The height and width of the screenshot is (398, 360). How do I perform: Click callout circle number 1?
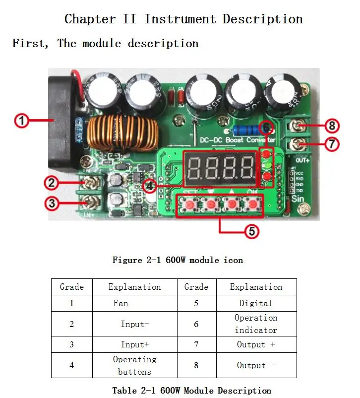(21, 121)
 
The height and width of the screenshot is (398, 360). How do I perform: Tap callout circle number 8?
(332, 126)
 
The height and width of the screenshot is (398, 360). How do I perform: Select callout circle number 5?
(252, 231)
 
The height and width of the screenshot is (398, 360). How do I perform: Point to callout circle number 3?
(52, 203)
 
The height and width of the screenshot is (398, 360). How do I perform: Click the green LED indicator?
(267, 165)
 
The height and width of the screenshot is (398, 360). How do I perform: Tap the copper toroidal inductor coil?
(122, 133)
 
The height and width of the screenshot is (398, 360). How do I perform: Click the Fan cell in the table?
(121, 303)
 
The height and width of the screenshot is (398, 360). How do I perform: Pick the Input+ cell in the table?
(135, 344)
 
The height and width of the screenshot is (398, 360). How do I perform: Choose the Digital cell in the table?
(256, 303)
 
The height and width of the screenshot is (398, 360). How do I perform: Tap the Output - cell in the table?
(256, 365)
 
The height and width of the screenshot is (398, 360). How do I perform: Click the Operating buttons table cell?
(135, 365)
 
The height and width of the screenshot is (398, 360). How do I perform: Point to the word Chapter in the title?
(90, 19)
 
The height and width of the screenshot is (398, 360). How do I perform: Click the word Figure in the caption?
(127, 260)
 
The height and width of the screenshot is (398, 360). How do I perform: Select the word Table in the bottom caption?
(124, 391)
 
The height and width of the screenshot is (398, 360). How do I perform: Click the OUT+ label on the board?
(302, 160)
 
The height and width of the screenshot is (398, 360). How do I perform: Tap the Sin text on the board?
(298, 199)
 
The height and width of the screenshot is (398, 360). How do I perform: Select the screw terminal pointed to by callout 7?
(298, 144)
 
